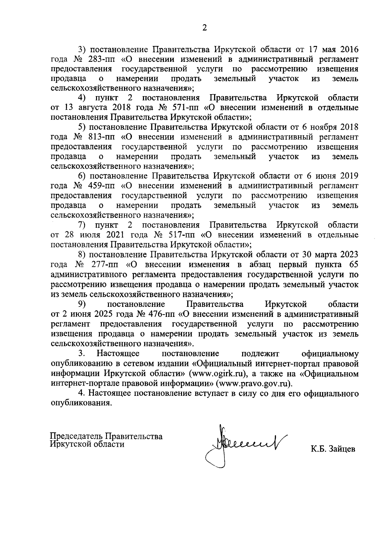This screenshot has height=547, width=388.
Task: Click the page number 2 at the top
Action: click(204, 28)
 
